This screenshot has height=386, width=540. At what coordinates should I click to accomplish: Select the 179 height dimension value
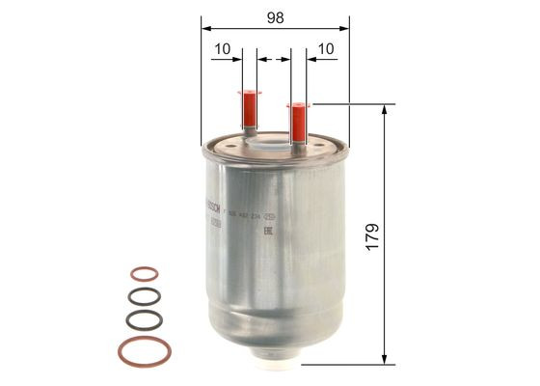point(372,234)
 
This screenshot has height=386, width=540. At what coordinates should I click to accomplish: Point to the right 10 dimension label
point(325,47)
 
